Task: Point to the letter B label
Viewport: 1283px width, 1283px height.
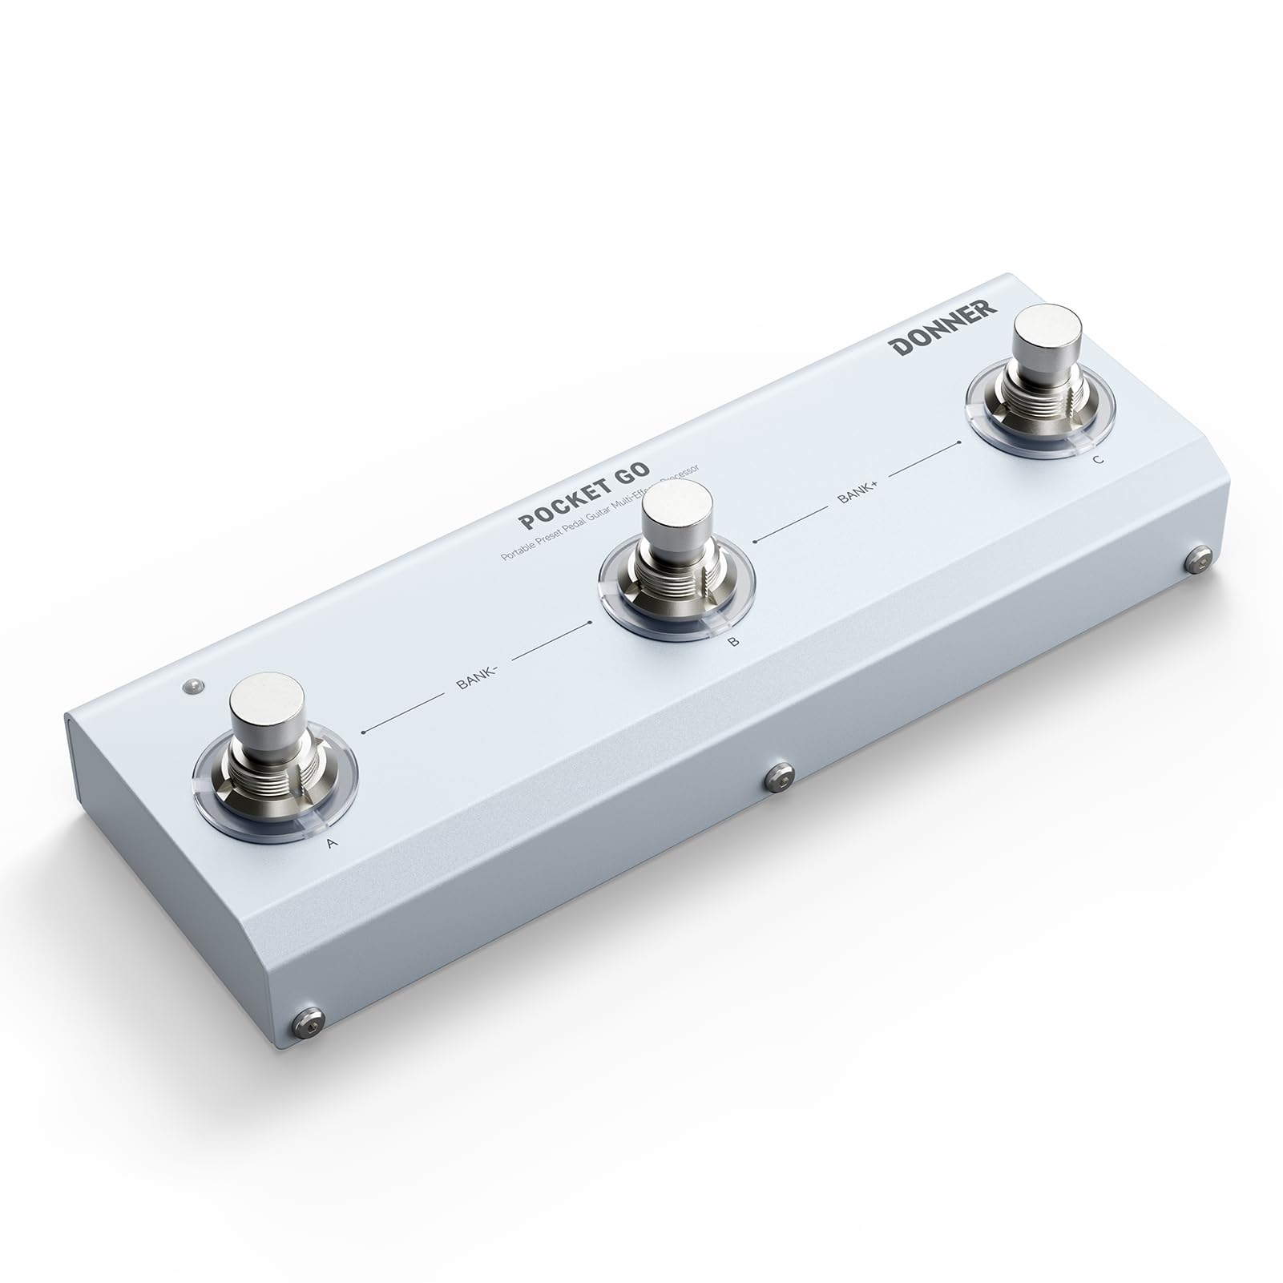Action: coord(733,640)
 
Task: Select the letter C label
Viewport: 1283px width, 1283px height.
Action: coord(1097,459)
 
